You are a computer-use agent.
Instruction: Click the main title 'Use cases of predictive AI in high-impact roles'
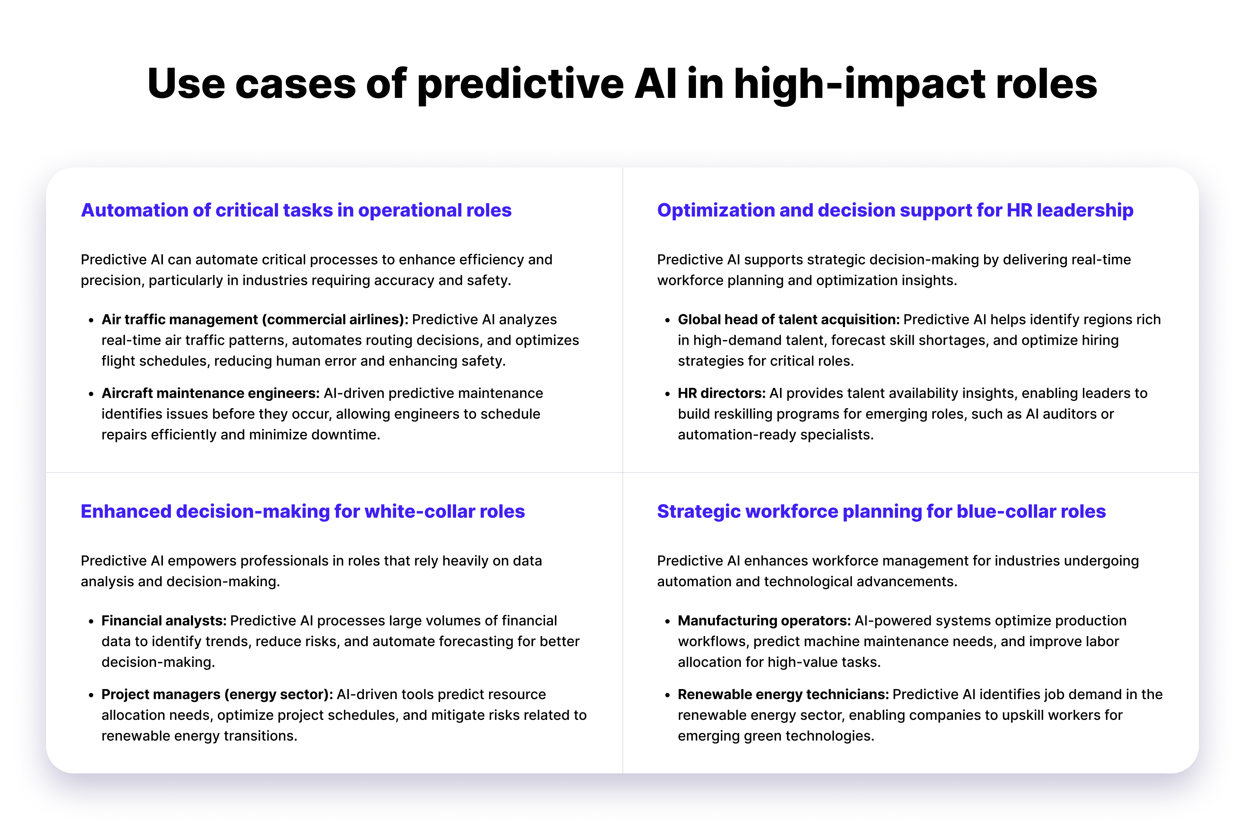(622, 84)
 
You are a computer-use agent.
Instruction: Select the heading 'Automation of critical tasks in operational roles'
(296, 210)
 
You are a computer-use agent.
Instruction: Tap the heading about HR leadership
(895, 210)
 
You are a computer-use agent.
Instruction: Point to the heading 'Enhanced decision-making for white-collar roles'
(303, 511)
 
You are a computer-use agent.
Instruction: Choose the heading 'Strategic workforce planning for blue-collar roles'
(881, 511)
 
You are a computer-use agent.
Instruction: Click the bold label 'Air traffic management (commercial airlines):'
(255, 319)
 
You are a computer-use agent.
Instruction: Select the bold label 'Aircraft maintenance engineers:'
(211, 393)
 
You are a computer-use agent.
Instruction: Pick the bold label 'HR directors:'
(722, 393)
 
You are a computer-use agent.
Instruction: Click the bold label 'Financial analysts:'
(164, 620)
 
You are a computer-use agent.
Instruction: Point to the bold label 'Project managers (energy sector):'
(217, 694)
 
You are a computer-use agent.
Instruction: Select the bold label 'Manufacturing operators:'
(764, 620)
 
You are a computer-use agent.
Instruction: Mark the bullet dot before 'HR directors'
(667, 394)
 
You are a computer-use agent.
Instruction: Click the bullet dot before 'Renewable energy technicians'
(667, 696)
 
